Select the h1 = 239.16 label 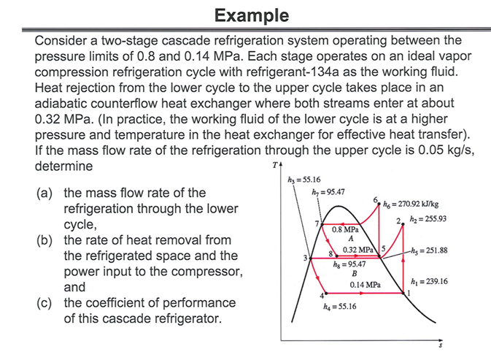click(430, 280)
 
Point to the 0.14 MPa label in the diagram click(366, 283)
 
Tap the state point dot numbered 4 click(322, 293)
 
